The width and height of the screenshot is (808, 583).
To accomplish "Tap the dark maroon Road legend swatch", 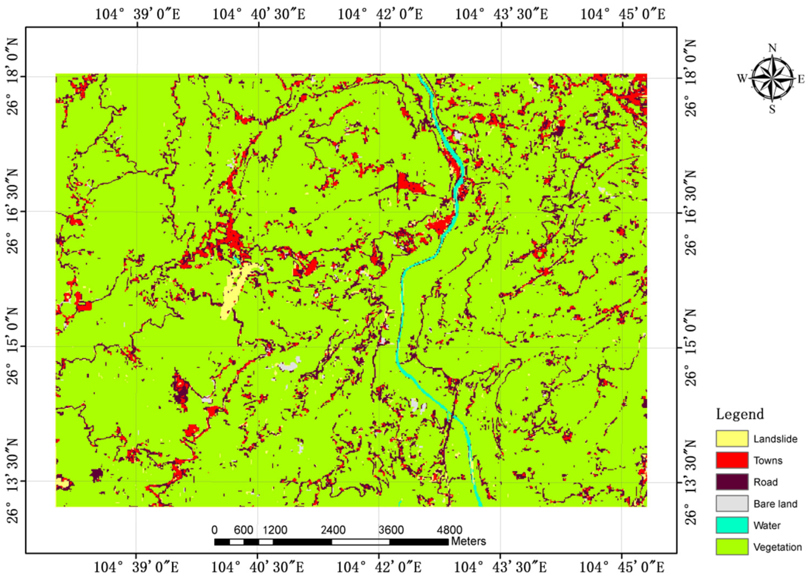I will tap(732, 482).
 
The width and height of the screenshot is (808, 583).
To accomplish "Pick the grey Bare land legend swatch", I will tap(732, 504).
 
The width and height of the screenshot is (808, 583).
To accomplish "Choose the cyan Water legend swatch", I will tap(732, 525).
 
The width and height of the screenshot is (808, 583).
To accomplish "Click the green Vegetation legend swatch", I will tap(732, 547).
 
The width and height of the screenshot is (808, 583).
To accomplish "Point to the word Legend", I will tap(740, 414).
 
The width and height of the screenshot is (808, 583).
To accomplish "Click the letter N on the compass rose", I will tap(772, 48).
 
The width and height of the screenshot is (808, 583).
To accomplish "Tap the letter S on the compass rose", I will tap(772, 109).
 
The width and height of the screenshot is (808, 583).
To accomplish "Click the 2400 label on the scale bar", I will tap(333, 530).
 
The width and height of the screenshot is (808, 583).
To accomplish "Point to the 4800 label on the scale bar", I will tap(449, 530).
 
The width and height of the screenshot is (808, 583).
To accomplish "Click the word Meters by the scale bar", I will tap(468, 541).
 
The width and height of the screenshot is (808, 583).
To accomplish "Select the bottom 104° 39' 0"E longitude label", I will tap(136, 567).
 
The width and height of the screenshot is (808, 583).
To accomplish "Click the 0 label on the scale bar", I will tap(214, 530).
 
